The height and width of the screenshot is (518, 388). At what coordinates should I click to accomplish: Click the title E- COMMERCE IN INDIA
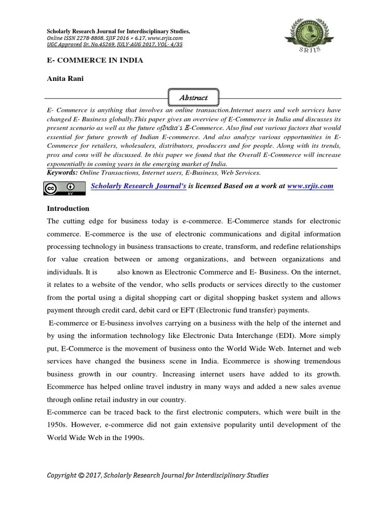95,60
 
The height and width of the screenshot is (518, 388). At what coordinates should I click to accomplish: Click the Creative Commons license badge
62,189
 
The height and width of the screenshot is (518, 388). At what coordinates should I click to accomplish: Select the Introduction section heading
68,208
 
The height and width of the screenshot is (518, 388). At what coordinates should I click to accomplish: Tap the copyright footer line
158,475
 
